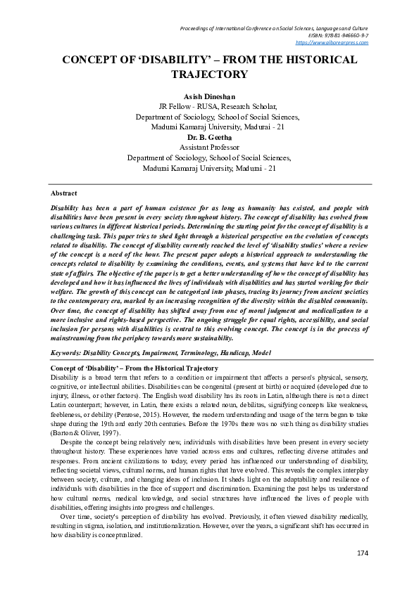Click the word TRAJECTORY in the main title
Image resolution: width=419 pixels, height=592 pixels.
tap(209, 75)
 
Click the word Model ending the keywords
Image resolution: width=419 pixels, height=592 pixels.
tap(258, 353)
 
